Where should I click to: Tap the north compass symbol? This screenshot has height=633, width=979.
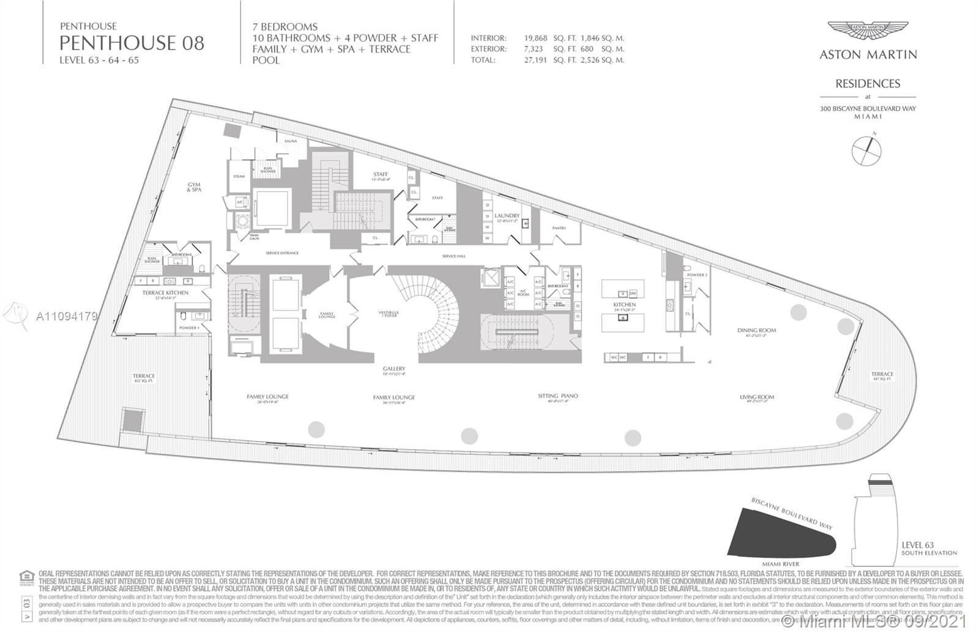click(867, 149)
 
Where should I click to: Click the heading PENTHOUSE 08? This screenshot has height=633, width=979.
click(132, 43)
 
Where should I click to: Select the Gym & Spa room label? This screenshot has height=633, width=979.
click(195, 187)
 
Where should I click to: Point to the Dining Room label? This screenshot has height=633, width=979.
click(756, 330)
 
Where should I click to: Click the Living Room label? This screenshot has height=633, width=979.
click(756, 397)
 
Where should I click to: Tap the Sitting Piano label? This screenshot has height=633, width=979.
click(557, 396)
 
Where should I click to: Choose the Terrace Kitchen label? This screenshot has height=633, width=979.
click(166, 292)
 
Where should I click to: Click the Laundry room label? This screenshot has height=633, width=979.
click(507, 215)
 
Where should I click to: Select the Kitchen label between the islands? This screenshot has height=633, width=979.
click(624, 304)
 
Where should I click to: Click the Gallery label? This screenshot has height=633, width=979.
click(394, 369)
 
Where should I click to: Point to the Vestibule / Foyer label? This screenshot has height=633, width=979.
click(388, 314)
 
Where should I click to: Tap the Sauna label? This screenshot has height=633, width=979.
click(291, 141)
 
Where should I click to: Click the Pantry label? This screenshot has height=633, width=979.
click(559, 228)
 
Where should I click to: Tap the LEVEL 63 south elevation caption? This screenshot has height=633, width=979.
click(928, 547)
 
